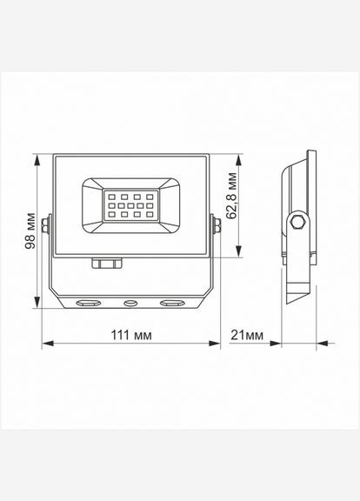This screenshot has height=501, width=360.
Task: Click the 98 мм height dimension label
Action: pyautogui.click(x=30, y=232)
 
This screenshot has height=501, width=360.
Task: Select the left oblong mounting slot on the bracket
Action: pyautogui.click(x=89, y=304)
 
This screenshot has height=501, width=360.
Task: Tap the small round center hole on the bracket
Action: pyautogui.click(x=131, y=304)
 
